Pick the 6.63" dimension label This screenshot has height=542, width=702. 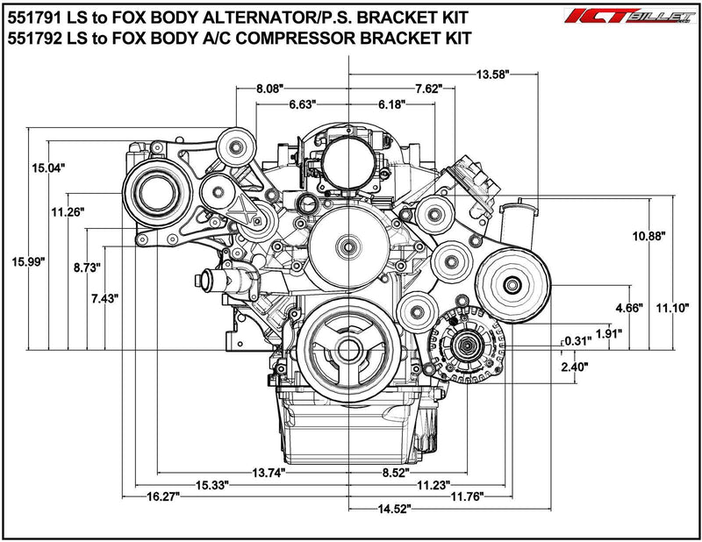(304, 104)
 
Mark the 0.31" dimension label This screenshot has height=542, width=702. (578, 341)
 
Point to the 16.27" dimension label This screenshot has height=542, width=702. (163, 496)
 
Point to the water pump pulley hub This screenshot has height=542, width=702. (349, 246)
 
